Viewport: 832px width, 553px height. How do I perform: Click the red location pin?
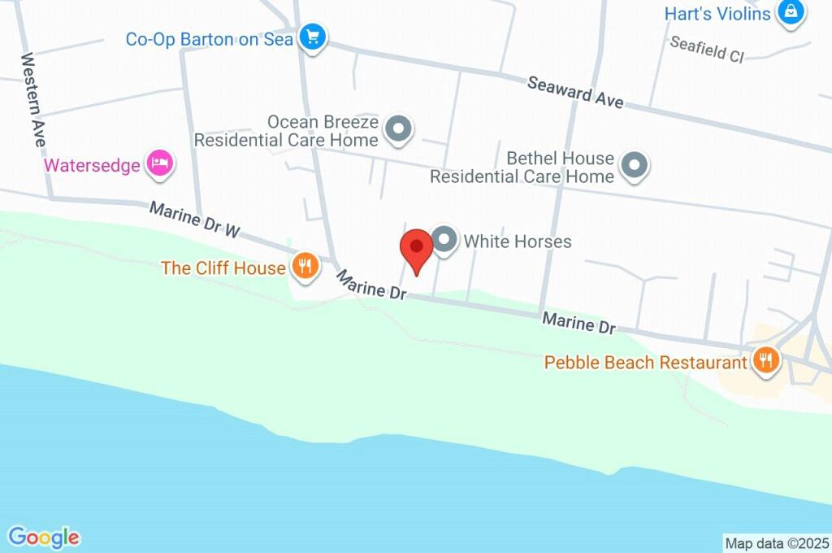(417, 248)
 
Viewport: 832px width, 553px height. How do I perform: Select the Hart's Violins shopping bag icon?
(790, 12)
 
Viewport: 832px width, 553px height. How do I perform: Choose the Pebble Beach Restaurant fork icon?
(765, 359)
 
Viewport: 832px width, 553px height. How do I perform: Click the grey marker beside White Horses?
(444, 240)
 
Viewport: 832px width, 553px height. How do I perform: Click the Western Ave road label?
(33, 100)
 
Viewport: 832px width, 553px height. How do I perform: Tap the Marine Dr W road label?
(196, 220)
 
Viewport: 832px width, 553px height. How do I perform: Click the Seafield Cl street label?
(707, 50)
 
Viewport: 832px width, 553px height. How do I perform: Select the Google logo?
(44, 537)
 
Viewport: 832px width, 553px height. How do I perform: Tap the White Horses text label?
(518, 242)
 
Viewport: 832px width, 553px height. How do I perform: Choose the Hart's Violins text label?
(717, 14)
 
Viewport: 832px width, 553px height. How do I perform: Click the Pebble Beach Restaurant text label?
(646, 362)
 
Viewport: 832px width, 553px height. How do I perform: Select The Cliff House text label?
(223, 268)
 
